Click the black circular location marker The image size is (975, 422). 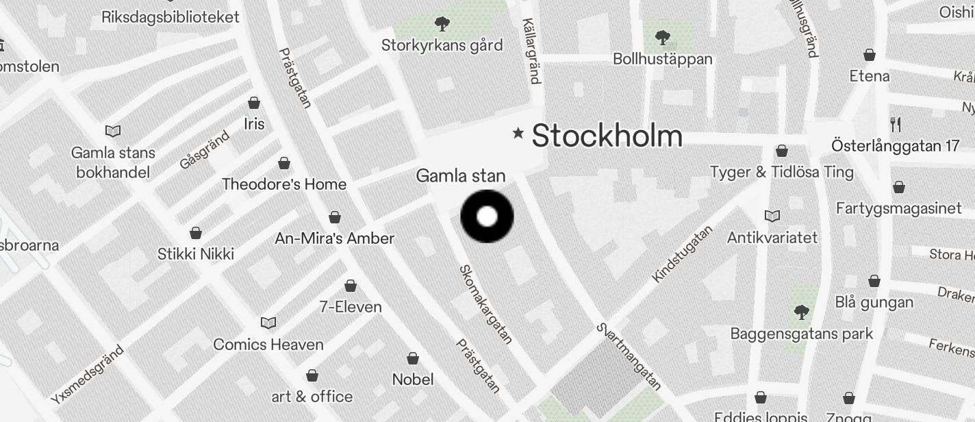coord(487,216)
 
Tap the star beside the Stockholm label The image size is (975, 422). coord(518,133)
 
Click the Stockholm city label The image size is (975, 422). coord(607,136)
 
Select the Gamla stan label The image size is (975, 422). coord(461,176)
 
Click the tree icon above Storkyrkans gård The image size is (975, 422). coord(442,25)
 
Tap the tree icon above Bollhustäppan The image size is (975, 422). coord(662,37)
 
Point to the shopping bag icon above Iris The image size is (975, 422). coord(254,103)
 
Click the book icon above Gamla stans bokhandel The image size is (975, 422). coord(113,131)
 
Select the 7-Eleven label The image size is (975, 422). coord(351,306)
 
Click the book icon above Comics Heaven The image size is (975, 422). coord(268,323)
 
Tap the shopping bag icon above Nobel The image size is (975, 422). coord(413,358)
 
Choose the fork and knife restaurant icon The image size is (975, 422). coord(896,124)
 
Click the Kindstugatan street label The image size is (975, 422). coord(682,253)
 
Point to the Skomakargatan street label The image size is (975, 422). coord(485,304)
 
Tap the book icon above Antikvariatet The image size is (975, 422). coord(772,216)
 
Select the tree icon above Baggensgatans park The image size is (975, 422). coord(801,313)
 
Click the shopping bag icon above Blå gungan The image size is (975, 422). coord(874,281)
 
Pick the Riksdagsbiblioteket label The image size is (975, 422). coord(170,17)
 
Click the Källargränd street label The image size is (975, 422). coord(531,51)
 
